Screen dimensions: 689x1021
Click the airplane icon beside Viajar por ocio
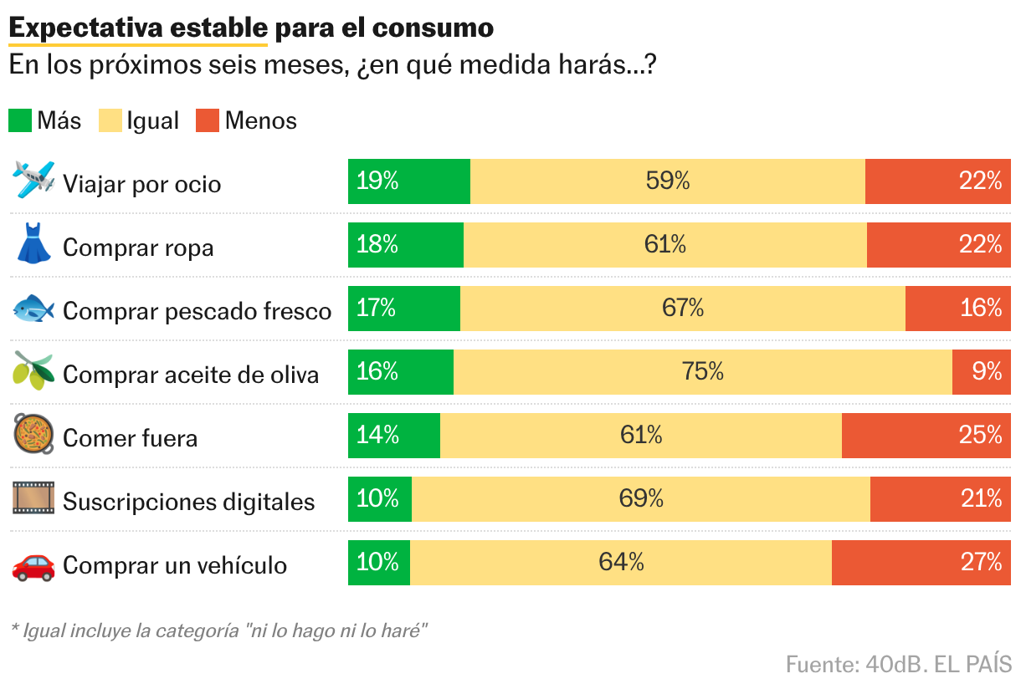[x=34, y=180]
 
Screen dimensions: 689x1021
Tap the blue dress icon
[x=33, y=243]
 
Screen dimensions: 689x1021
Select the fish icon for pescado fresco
[x=33, y=309]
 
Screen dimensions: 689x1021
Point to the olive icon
[x=33, y=371]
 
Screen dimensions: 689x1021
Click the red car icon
[x=33, y=565]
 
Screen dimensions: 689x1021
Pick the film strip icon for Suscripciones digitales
[x=33, y=499]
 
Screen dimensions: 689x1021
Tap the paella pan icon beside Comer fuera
[x=33, y=435]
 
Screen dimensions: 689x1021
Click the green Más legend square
[x=20, y=120]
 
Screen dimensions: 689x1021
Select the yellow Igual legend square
[x=110, y=120]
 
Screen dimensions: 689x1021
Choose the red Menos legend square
[x=208, y=120]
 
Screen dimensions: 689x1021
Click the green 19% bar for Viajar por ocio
[x=409, y=181]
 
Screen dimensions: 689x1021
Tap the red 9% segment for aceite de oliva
[x=981, y=371]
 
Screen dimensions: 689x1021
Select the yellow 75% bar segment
[x=702, y=371]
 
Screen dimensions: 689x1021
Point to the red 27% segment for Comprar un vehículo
[x=921, y=562]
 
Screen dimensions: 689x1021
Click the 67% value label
[x=682, y=308]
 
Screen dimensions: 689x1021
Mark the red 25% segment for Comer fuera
[x=926, y=435]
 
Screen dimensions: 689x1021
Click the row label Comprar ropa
[x=138, y=248]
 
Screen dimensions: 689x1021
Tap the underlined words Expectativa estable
[x=137, y=28]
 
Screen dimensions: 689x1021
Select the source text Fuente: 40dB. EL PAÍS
[x=898, y=665]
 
